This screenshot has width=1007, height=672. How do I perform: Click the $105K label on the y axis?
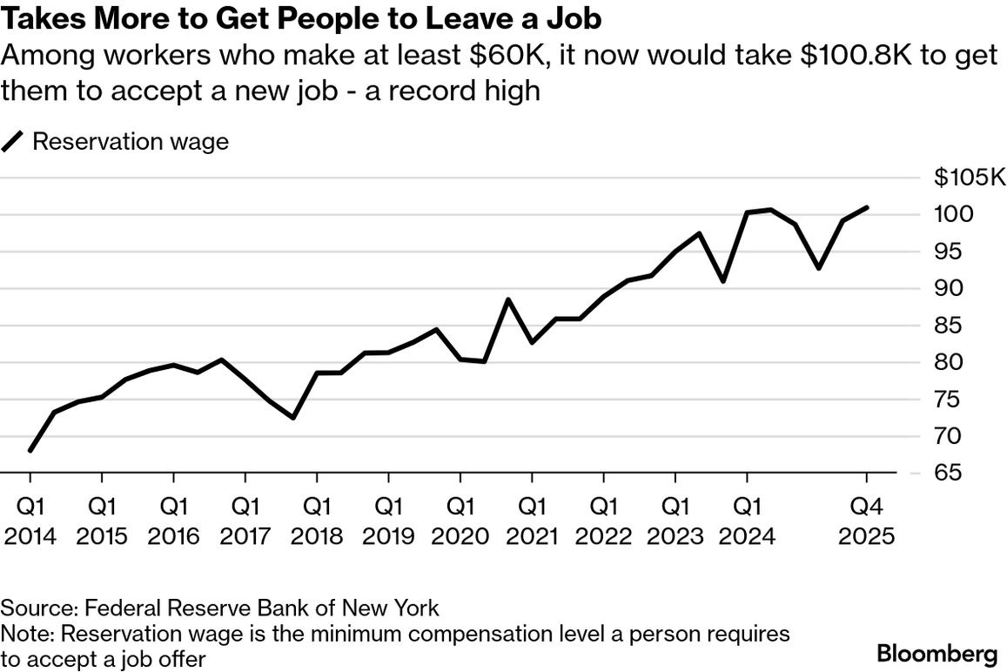click(969, 178)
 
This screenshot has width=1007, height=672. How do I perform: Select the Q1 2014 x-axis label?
click(30, 520)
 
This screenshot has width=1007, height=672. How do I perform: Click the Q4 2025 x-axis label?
click(867, 520)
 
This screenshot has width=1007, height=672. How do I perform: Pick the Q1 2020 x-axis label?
click(460, 520)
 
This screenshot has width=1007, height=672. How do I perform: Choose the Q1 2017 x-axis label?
click(245, 520)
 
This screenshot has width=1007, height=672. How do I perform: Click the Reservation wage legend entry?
click(130, 141)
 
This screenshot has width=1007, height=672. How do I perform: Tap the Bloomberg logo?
click(937, 653)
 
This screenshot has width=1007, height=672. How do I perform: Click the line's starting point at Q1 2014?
click(30, 451)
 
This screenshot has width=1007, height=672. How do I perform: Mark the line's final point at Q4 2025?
click(867, 207)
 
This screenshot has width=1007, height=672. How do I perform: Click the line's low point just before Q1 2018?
click(293, 418)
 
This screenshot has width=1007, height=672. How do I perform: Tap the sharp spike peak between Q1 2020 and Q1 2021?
click(508, 299)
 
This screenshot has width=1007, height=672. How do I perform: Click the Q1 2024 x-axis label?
click(747, 520)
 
